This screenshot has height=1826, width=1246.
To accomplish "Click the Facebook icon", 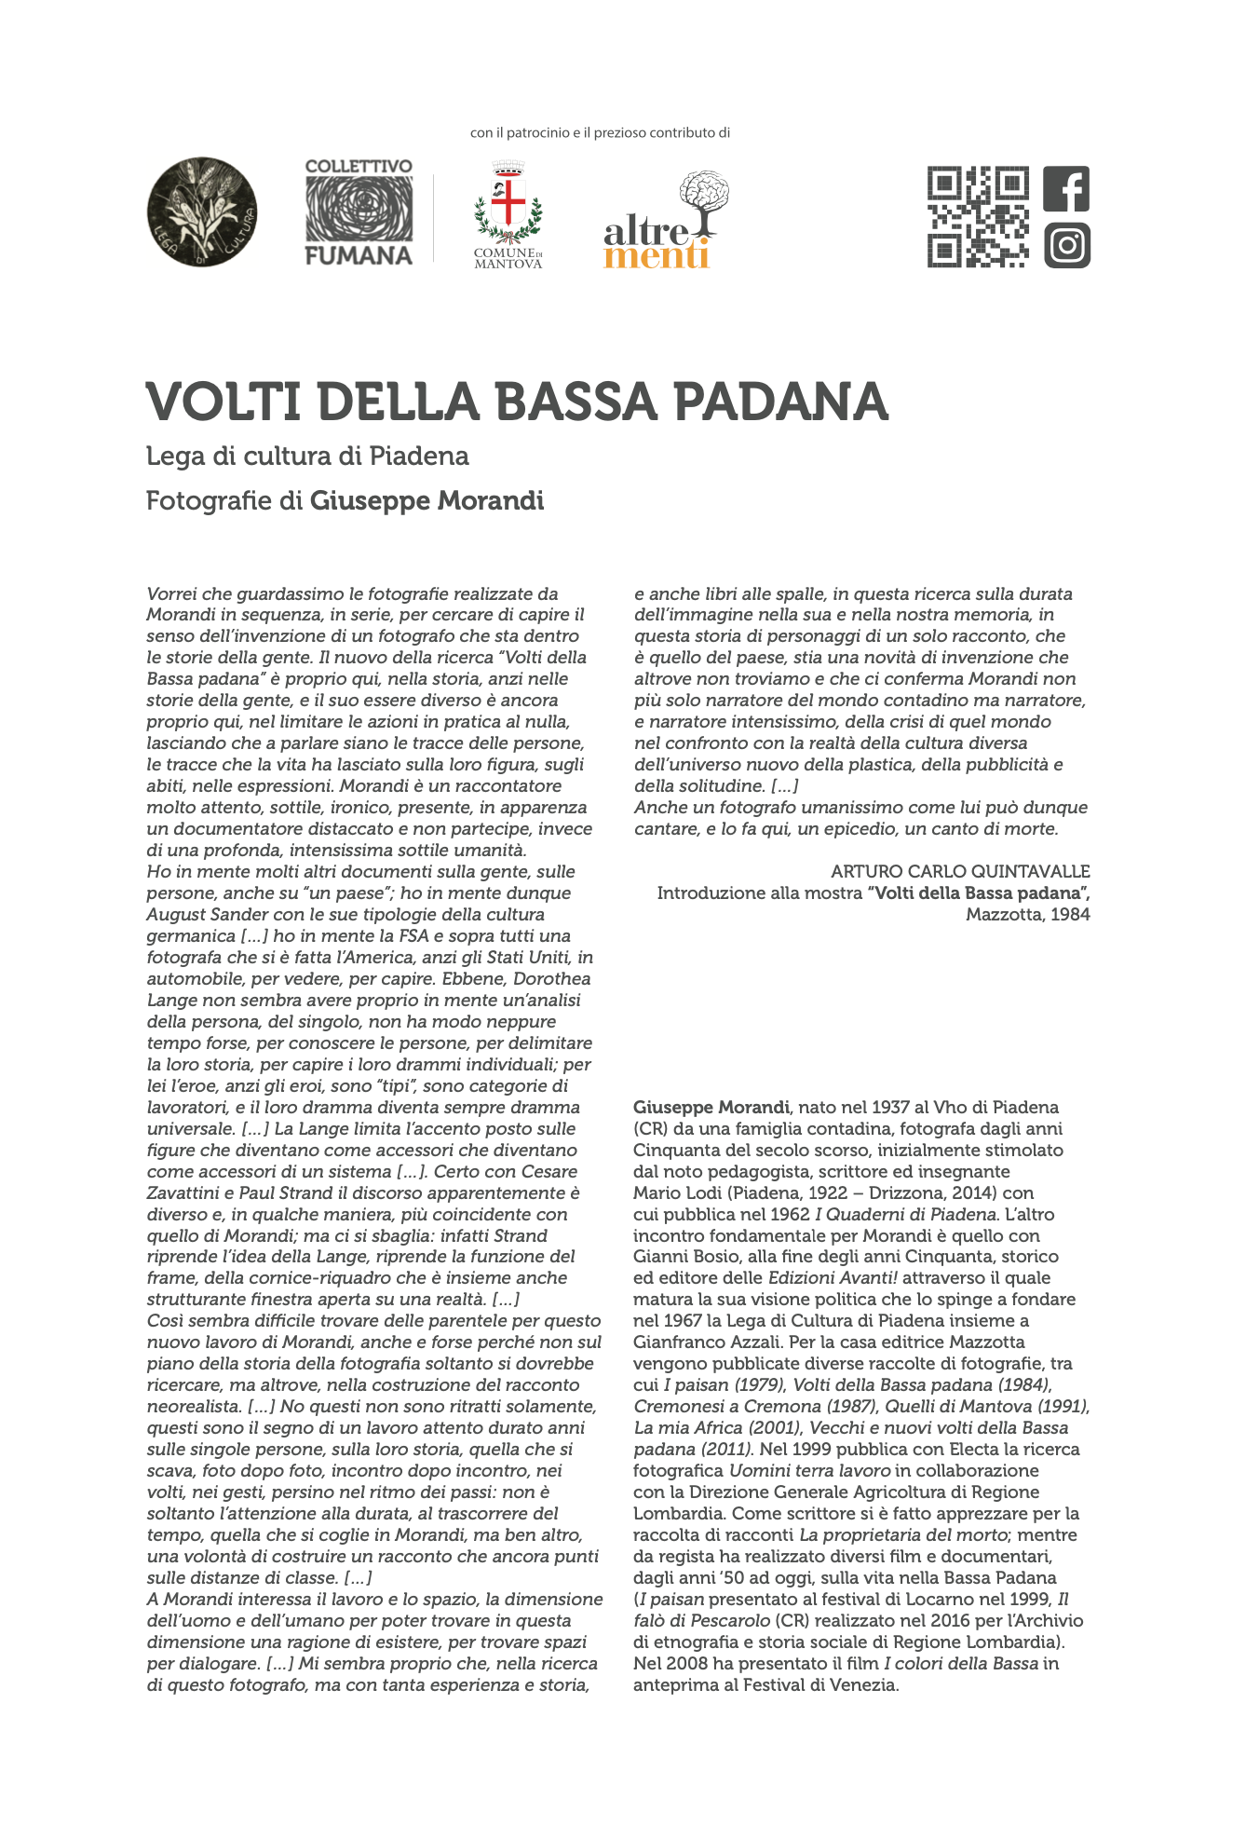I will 1066,189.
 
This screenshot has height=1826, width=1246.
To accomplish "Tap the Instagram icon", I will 1066,246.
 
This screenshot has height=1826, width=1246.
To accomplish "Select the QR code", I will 978,217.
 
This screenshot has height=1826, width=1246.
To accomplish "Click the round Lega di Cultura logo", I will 202,211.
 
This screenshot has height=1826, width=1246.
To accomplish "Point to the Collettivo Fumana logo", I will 359,212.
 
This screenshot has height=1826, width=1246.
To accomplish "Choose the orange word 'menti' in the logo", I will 657,254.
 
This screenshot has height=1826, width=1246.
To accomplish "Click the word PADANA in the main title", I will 780,402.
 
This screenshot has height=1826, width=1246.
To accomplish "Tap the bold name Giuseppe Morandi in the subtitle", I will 427,501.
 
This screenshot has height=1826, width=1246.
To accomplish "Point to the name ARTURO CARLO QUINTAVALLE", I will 960,872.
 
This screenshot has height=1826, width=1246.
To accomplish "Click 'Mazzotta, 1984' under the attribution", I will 1027,915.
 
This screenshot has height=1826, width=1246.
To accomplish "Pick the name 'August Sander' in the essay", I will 198,915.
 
